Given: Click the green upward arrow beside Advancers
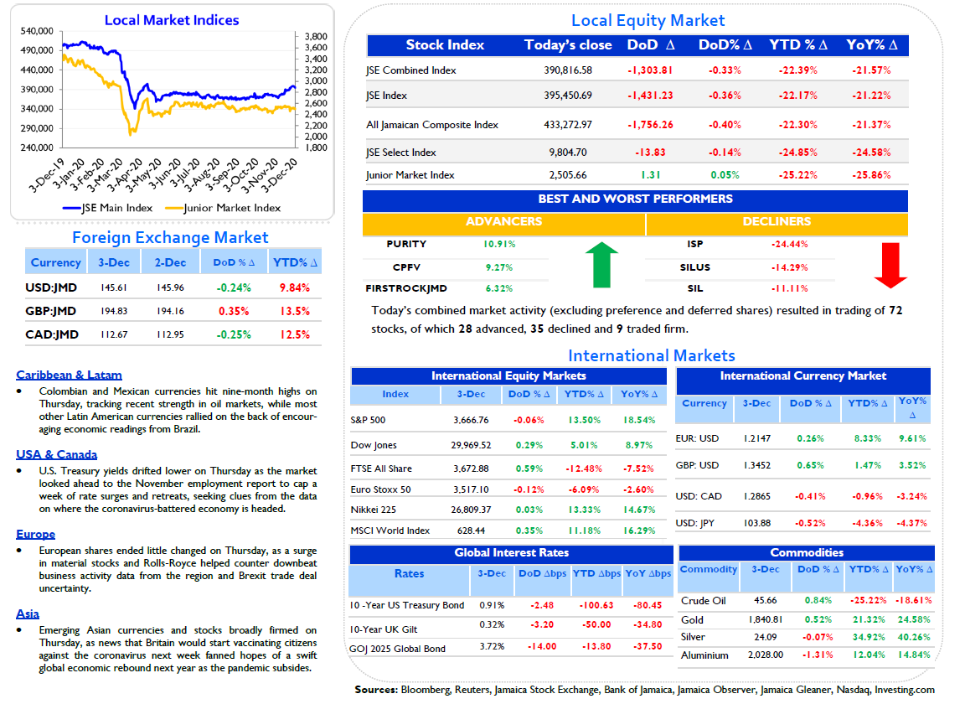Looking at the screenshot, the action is click(601, 265).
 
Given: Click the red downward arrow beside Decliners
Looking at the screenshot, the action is click(890, 265).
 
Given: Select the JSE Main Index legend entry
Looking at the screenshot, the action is click(108, 208).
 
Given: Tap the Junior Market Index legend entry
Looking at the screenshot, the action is click(223, 208).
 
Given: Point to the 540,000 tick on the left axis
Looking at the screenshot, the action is click(37, 31).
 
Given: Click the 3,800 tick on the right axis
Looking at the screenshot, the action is click(316, 36).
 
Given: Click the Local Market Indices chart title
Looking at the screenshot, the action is click(172, 20).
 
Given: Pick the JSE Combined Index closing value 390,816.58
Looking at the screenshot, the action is click(567, 70).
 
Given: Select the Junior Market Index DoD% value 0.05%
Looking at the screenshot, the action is click(725, 175).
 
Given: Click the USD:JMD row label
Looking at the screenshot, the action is click(51, 287).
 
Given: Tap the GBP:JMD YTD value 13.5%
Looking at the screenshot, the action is click(295, 311).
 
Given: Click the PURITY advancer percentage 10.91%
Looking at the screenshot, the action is click(499, 244).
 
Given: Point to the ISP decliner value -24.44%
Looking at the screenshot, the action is click(790, 244).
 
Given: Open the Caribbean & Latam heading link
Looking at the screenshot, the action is click(69, 375).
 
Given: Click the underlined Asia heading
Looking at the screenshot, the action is click(28, 613).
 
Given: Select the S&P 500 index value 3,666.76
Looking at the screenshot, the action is click(471, 420).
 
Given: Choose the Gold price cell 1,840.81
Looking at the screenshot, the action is click(766, 619).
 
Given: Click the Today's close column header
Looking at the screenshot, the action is click(568, 45).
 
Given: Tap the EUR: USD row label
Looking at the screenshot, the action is click(697, 438).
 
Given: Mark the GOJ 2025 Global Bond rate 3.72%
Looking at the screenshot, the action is click(492, 646).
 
